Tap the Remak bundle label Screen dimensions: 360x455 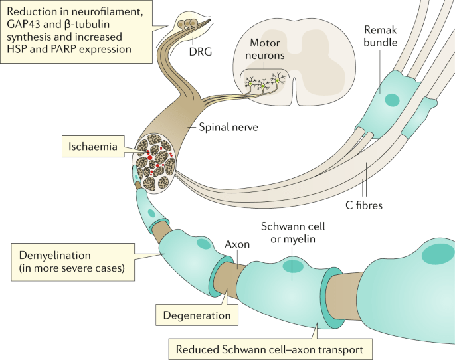click(380, 37)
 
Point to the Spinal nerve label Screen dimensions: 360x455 click(221, 126)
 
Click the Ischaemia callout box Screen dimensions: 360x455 click(94, 144)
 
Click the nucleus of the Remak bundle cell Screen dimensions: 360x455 click(392, 101)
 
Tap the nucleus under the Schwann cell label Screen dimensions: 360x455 click(293, 266)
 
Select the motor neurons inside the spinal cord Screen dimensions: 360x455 click(264, 84)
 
